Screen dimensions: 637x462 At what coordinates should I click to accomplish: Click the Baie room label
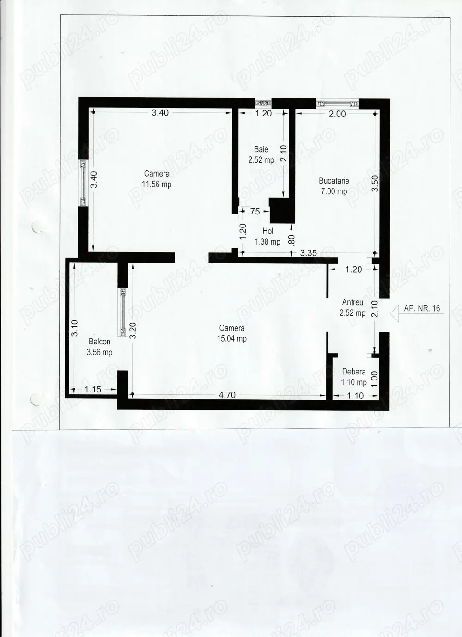pos(261,149)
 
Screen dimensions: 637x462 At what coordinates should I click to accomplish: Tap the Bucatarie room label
pos(334,181)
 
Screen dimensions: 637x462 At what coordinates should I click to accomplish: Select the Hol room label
pos(268,231)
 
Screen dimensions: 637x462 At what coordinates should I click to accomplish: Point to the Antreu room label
pos(353,302)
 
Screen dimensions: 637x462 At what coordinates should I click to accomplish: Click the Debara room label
pos(354,372)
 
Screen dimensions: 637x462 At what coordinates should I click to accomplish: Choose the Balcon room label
pos(100,342)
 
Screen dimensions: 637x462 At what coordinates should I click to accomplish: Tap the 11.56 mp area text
pos(157,184)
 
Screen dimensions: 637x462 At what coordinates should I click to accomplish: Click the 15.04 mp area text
pos(232,338)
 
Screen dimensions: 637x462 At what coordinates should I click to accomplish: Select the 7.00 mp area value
pos(334,191)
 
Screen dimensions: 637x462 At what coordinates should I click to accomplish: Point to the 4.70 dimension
pos(227,395)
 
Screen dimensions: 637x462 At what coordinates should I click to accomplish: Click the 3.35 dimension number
pos(308,253)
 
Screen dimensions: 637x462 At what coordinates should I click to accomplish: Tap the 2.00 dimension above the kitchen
pos(337,114)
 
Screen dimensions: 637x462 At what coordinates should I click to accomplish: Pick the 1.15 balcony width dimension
pos(93,389)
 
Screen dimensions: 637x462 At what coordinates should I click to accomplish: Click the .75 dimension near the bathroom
pos(254,212)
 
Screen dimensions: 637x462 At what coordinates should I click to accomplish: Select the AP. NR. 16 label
pos(422,308)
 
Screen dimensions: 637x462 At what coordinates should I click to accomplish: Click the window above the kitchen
pos(337,104)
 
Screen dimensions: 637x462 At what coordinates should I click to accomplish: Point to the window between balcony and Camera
pos(123,312)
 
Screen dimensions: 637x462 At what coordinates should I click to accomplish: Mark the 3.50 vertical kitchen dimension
pos(375,184)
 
